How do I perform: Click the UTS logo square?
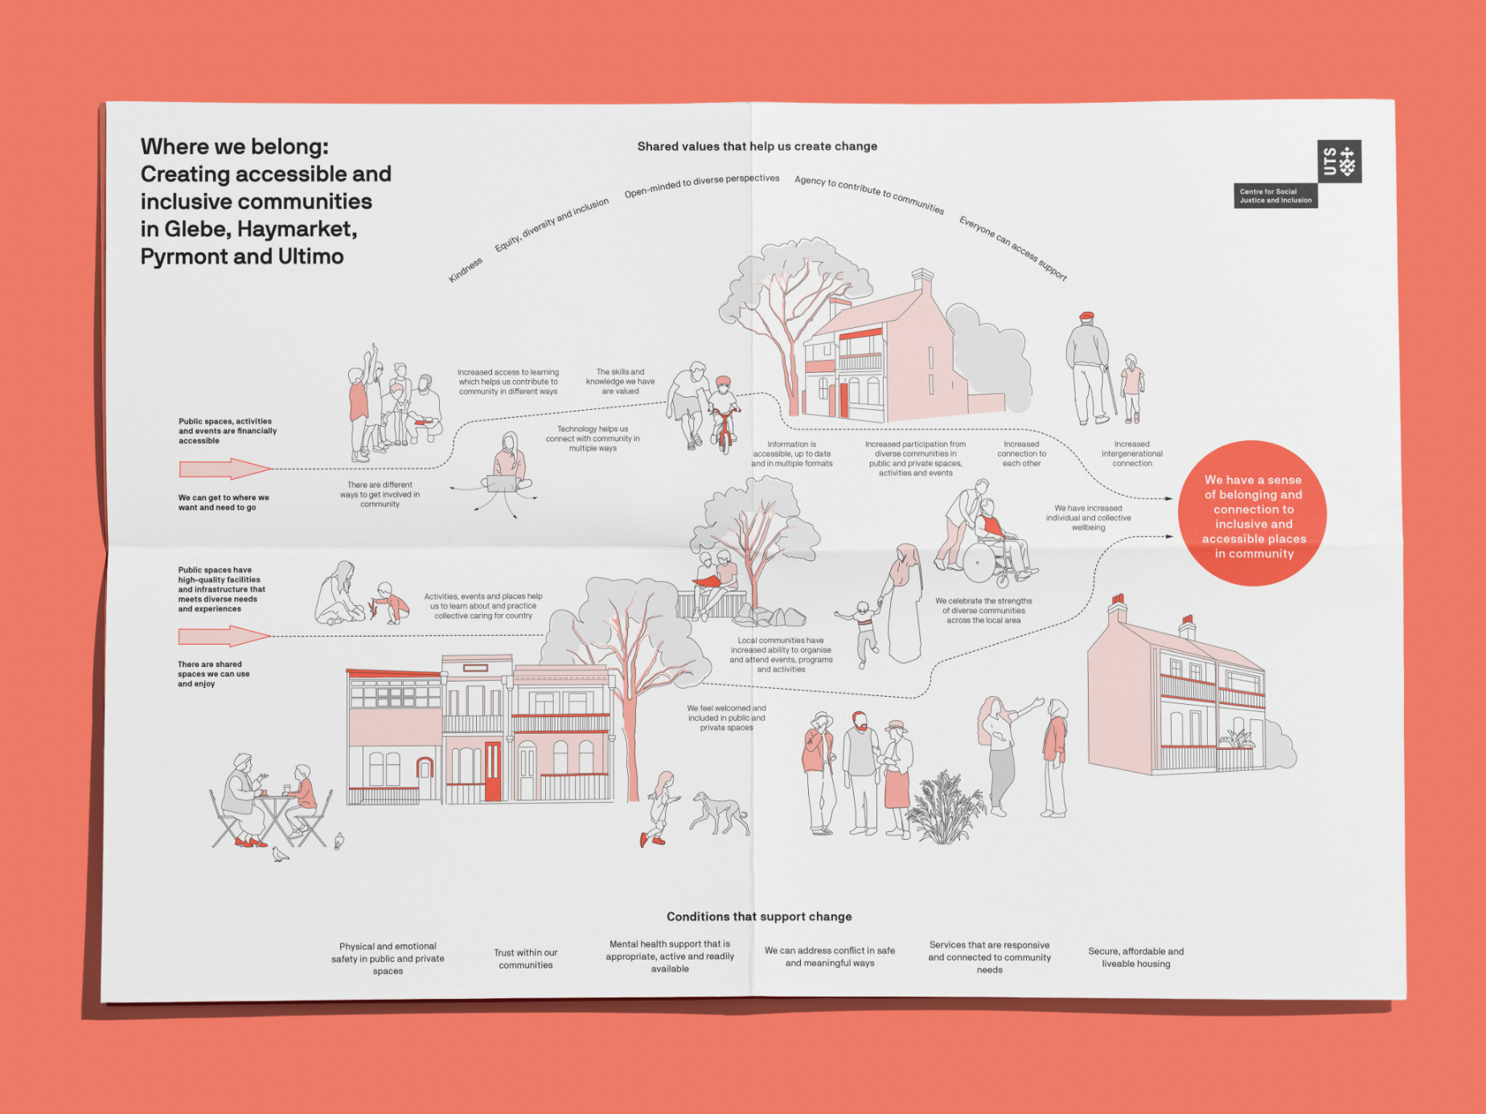1339,161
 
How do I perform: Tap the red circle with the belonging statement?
1252,514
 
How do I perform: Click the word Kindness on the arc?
466,270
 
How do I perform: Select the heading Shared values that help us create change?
757,146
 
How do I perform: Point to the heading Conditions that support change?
758,916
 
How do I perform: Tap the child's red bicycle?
725,427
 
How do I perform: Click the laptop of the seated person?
503,483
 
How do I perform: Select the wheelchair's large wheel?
979,562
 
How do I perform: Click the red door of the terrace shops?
492,771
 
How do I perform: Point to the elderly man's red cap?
1086,316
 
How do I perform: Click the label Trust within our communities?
525,958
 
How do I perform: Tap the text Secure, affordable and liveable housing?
1135,957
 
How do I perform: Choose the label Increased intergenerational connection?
1131,453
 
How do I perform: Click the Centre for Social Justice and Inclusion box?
1275,196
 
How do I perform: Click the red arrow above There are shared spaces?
224,637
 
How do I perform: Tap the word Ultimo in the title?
310,256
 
